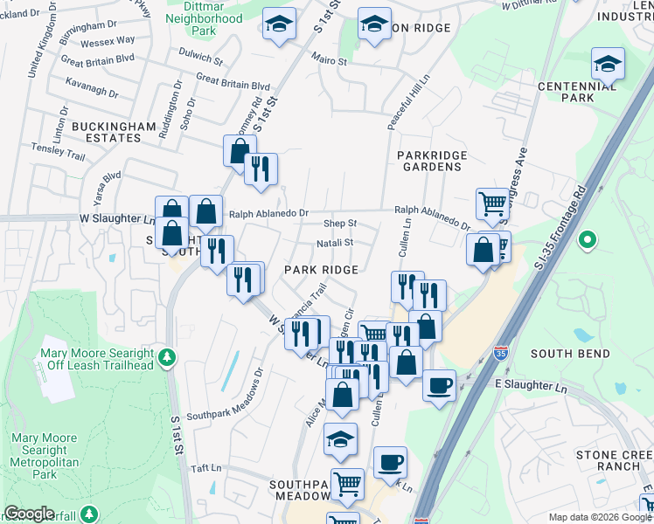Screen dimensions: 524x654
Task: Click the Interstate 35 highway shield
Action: coord(500,353)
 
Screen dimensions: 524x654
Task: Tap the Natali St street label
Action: coord(335,243)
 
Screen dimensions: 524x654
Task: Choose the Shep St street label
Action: coord(340,224)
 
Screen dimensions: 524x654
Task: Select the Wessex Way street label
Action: coord(107,41)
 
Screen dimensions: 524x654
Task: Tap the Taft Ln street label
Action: coord(205,468)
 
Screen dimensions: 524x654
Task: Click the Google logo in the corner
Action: coord(29,514)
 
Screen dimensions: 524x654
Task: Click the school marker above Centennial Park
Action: coord(608,63)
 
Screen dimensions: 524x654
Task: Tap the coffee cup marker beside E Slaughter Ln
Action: coord(439,384)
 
